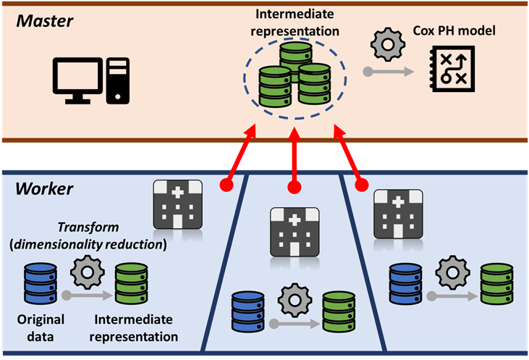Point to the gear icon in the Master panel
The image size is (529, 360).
pyautogui.click(x=384, y=43)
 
